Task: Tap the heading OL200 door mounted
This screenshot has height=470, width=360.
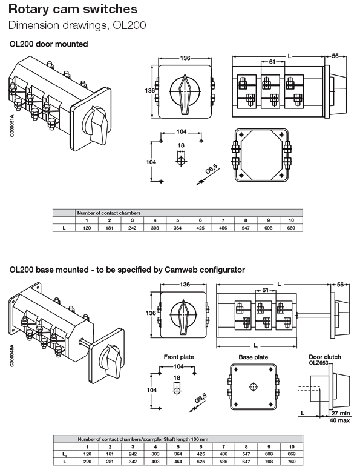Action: coord(48,44)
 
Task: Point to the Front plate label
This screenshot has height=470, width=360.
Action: coord(179,357)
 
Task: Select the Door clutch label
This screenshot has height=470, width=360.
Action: coord(325,357)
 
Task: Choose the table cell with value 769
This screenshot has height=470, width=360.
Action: coord(291,462)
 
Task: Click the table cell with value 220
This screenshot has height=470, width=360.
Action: coord(87,462)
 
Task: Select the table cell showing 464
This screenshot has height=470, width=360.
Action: coord(177,462)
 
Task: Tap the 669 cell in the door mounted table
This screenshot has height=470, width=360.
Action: coord(291,227)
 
